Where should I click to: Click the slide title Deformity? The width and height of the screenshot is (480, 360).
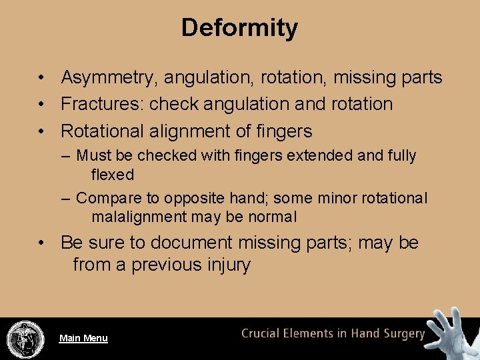click(x=239, y=28)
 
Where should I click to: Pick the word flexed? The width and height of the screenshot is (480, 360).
click(x=112, y=175)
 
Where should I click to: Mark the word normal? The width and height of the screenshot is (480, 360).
click(x=272, y=217)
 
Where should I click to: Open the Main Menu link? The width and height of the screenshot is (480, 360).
click(x=83, y=338)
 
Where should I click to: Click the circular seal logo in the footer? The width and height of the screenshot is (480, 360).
click(x=25, y=339)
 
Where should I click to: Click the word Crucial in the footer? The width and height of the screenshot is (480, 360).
click(x=261, y=333)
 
